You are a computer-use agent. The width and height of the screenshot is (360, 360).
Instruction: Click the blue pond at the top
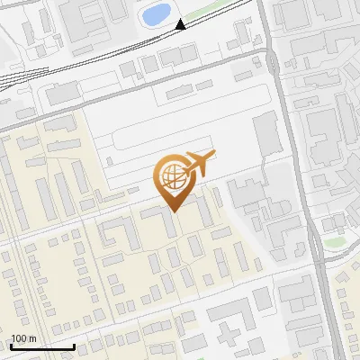tap(157, 14)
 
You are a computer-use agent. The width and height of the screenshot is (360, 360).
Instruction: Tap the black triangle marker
tap(181, 24)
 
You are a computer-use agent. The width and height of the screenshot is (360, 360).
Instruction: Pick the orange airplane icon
tap(200, 163)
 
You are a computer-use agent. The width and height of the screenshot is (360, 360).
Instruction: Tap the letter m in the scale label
tap(32, 338)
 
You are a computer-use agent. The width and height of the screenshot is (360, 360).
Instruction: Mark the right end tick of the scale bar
tap(74, 346)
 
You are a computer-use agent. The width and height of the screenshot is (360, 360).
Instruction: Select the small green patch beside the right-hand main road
tap(334, 242)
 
